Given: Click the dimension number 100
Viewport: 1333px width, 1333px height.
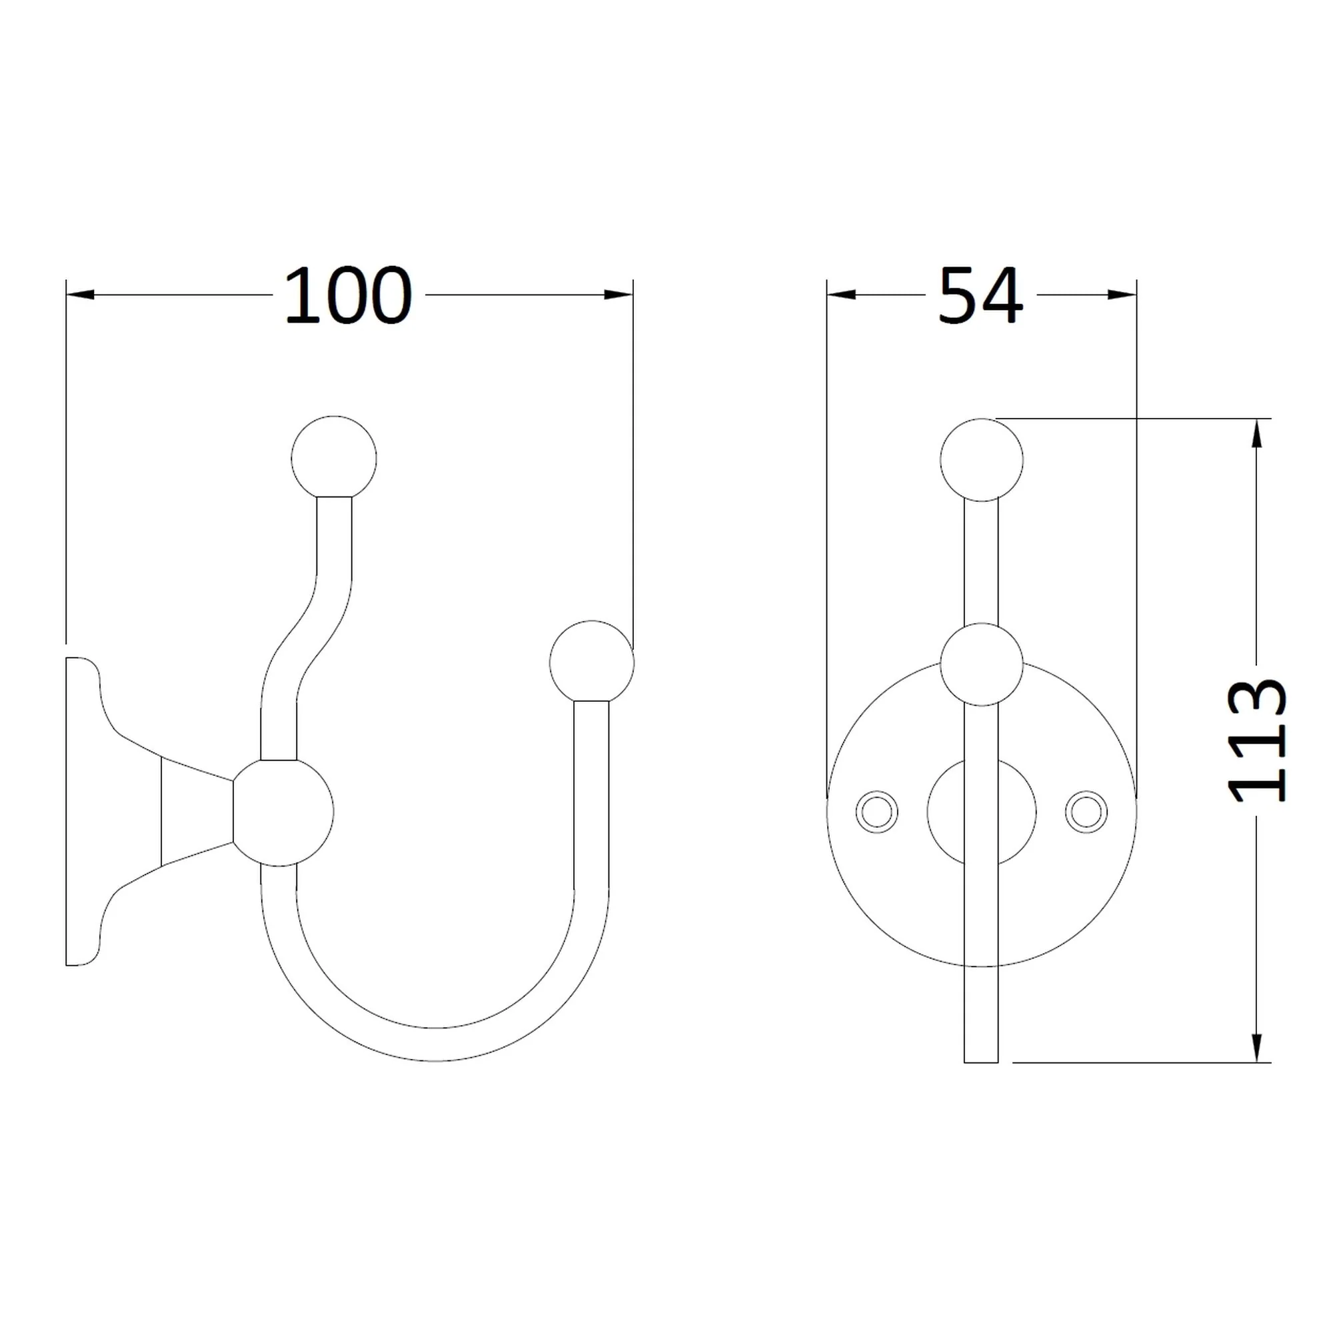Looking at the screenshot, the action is [x=349, y=295].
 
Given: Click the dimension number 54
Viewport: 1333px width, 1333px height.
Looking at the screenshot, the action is [x=980, y=295].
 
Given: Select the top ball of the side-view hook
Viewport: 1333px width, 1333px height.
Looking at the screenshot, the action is [x=334, y=458].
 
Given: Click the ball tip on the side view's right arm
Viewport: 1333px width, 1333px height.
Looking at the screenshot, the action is [x=592, y=663].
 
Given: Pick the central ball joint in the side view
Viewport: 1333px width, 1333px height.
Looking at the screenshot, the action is [x=283, y=812].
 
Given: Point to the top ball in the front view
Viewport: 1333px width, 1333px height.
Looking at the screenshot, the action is [x=981, y=459].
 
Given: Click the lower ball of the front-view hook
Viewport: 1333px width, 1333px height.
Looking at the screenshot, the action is [x=981, y=665].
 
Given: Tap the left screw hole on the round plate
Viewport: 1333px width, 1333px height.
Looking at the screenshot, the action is [x=876, y=811].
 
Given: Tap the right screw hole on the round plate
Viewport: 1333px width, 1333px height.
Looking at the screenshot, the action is [x=1086, y=811].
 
